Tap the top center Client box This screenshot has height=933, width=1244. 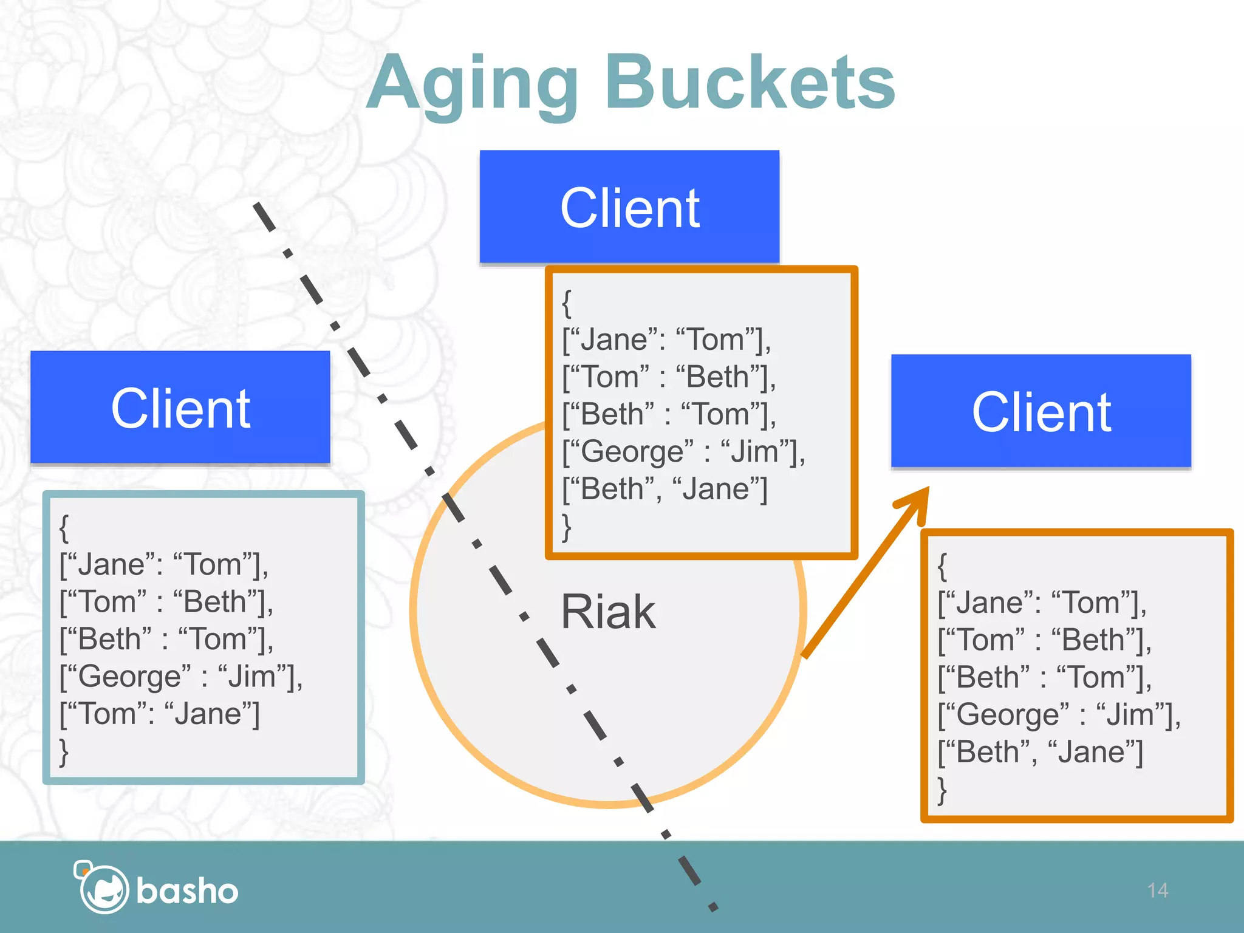tap(629, 207)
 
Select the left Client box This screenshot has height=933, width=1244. tap(180, 408)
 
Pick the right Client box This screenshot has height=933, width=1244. tap(1041, 411)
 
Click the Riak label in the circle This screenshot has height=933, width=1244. tap(607, 612)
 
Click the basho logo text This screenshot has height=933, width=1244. tap(187, 891)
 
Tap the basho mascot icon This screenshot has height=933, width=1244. tap(101, 887)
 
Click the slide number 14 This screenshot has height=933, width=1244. tap(1158, 890)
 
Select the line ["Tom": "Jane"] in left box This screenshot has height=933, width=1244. tap(160, 714)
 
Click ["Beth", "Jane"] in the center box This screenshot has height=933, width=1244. tap(665, 489)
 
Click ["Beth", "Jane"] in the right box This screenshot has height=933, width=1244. tap(1040, 752)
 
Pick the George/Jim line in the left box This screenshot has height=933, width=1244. tap(181, 677)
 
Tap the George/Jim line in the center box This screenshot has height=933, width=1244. tap(683, 452)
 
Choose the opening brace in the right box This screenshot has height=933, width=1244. tap(942, 566)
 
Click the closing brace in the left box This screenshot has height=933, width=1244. tap(64, 752)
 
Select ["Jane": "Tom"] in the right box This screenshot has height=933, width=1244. tap(1042, 603)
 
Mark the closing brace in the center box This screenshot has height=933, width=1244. tap(567, 527)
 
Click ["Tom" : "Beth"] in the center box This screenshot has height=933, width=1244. tap(669, 377)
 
